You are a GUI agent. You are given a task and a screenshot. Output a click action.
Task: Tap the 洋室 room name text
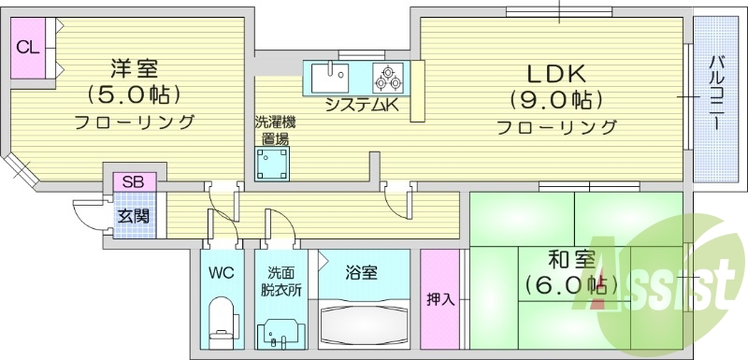[x=134, y=68]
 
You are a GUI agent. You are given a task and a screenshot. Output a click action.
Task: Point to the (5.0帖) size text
[x=134, y=94]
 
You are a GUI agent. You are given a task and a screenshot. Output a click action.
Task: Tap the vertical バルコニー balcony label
[x=715, y=97]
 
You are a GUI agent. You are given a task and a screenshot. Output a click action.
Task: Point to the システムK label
[x=362, y=106]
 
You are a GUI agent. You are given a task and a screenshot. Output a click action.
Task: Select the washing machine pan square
[x=274, y=166]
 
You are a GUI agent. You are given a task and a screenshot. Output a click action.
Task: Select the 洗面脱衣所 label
[x=281, y=281]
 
